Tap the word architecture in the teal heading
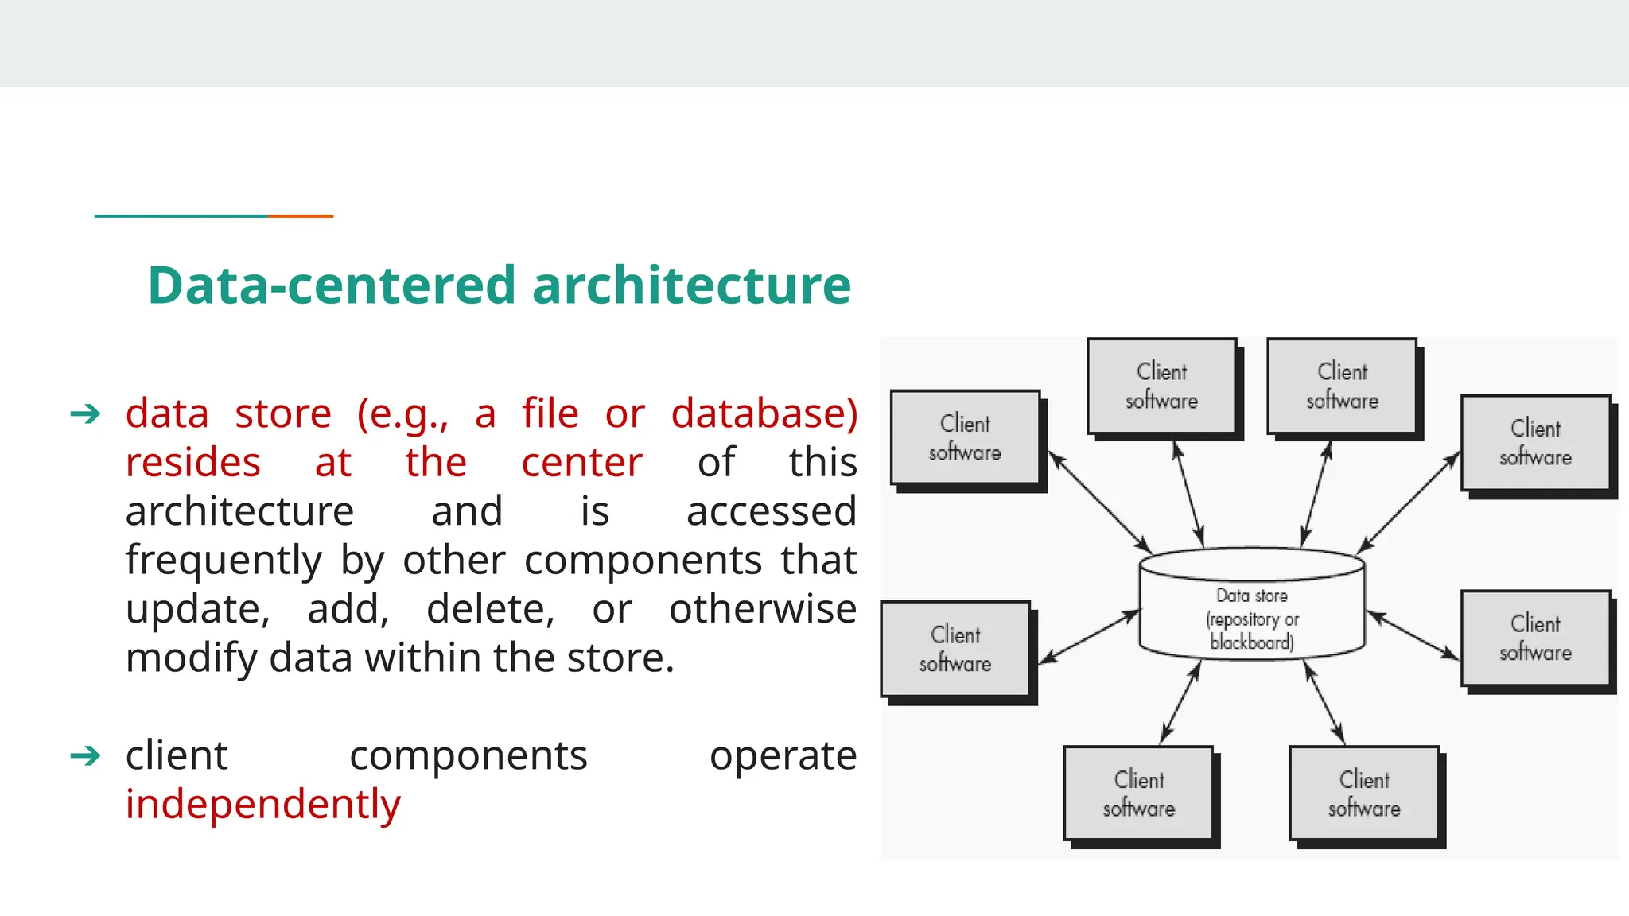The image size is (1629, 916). click(x=691, y=285)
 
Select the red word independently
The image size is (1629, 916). click(x=263, y=804)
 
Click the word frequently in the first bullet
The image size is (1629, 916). click(x=224, y=560)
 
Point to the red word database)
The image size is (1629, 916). click(x=764, y=413)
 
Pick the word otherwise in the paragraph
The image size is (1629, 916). click(x=762, y=609)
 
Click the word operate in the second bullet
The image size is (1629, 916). click(x=783, y=755)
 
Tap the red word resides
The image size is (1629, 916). click(x=193, y=462)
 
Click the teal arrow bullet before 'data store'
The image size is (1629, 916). click(x=85, y=413)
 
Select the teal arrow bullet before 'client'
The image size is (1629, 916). click(x=85, y=755)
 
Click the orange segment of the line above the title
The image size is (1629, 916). click(x=301, y=215)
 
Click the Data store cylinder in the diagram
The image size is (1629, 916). click(x=1251, y=604)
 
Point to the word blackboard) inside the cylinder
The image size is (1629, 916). click(x=1251, y=642)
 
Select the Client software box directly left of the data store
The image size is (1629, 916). click(x=955, y=649)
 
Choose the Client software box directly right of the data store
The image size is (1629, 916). click(x=1535, y=638)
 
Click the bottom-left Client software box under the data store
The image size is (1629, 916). click(x=1138, y=793)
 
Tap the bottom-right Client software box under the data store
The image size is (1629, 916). click(x=1364, y=793)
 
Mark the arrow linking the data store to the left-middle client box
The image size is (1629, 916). click(x=1090, y=636)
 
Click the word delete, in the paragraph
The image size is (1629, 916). click(x=490, y=609)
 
